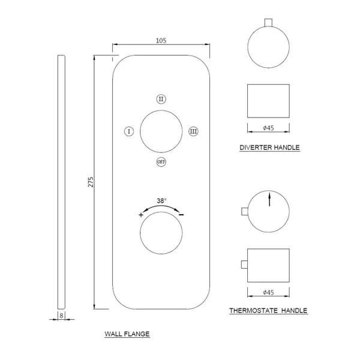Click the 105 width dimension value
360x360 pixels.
pos(161,41)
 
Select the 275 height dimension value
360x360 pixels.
pos(91,182)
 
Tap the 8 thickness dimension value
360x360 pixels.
pos(61,316)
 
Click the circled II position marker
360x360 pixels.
pos(161,99)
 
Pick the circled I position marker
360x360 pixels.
pos(129,131)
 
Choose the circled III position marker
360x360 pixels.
pos(193,131)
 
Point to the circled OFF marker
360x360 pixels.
pos(161,162)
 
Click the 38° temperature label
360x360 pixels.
pos(161,200)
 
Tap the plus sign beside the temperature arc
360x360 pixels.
pos(141,215)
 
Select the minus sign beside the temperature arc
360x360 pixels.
pos(181,215)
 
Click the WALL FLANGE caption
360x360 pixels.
pos(127,334)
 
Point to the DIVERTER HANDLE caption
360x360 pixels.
pos(269,148)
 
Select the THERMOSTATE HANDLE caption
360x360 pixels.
pos(268,311)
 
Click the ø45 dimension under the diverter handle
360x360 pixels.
pos(268,128)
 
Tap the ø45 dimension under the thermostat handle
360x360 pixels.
pos(268,293)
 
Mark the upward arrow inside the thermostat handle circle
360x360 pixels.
pos(269,199)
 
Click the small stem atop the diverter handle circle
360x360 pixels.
pos(268,23)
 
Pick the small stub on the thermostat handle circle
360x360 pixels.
pos(245,211)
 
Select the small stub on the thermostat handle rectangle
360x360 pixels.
pos(244,264)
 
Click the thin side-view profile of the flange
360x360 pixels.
pos(61,182)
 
